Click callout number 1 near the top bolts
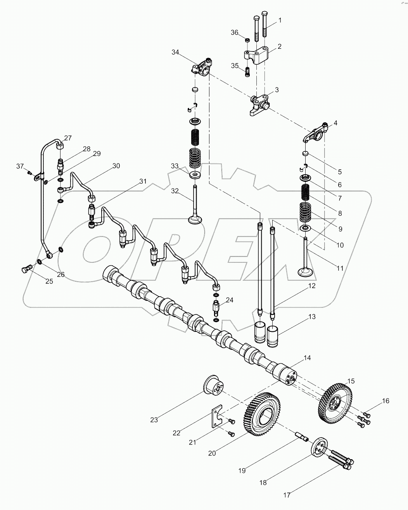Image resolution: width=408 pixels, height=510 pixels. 280,20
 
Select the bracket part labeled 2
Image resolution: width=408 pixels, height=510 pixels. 256,55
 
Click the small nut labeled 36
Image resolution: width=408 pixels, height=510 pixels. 247,39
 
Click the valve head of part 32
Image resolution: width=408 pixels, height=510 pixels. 195,220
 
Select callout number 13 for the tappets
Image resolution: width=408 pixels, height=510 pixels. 312,317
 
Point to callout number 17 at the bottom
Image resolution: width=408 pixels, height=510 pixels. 287,495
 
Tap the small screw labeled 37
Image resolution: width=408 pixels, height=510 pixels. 29,172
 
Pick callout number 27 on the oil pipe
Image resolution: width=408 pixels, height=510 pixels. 68,138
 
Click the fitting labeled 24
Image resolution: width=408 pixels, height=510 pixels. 216,309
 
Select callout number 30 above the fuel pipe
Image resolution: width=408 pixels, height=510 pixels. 116,166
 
